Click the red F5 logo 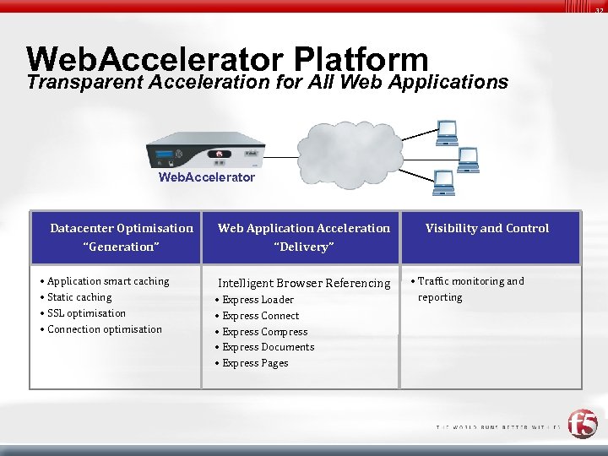[x=582, y=423]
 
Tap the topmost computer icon [x=447, y=131]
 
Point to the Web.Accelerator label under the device [x=207, y=177]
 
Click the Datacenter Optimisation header [x=122, y=228]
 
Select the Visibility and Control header [x=487, y=228]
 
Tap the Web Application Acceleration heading [x=304, y=228]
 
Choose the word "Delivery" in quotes [x=304, y=247]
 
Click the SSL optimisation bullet [x=86, y=313]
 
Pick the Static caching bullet [x=79, y=297]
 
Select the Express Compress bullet [x=264, y=332]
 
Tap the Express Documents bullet [x=268, y=347]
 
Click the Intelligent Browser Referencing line [x=304, y=283]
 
